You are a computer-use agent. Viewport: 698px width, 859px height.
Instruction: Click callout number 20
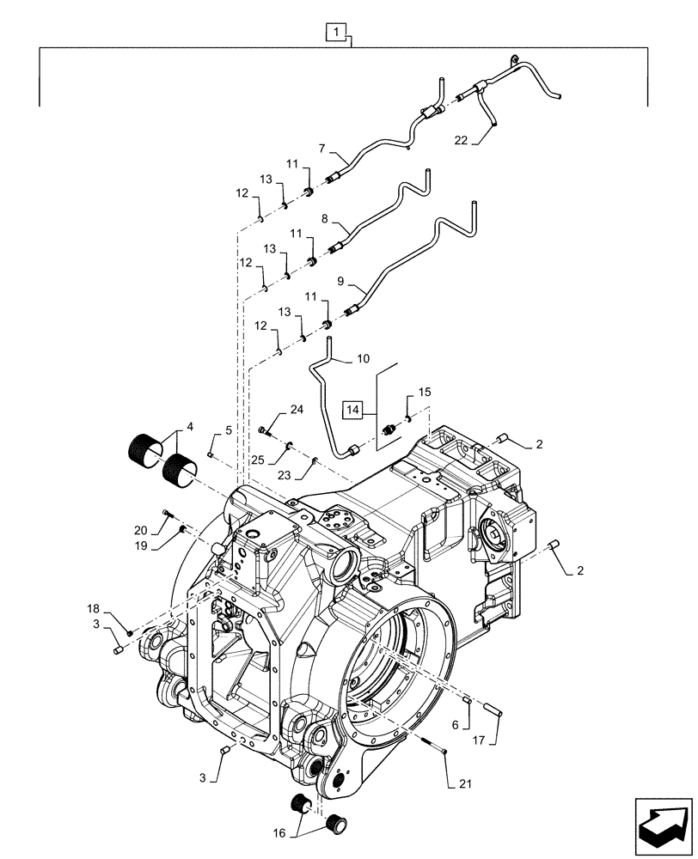(142, 531)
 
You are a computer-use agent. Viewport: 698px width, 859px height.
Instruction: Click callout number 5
(229, 429)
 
